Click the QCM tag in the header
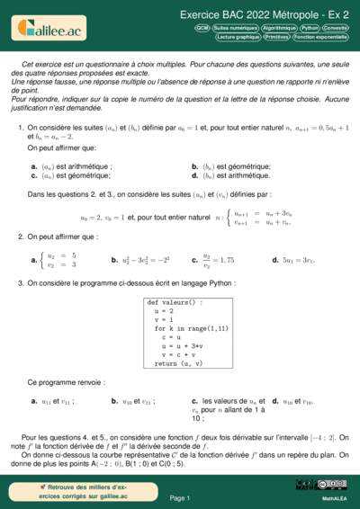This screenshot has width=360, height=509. coord(202,29)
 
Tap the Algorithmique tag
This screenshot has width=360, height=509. coord(274,29)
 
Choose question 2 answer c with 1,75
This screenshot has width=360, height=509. coord(216,259)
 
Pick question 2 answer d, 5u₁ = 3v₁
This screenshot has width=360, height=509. coord(292,259)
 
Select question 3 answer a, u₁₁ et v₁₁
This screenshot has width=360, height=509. coord(54,401)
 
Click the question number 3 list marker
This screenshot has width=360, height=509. coord(20,283)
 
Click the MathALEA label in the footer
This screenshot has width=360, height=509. coord(335,497)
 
